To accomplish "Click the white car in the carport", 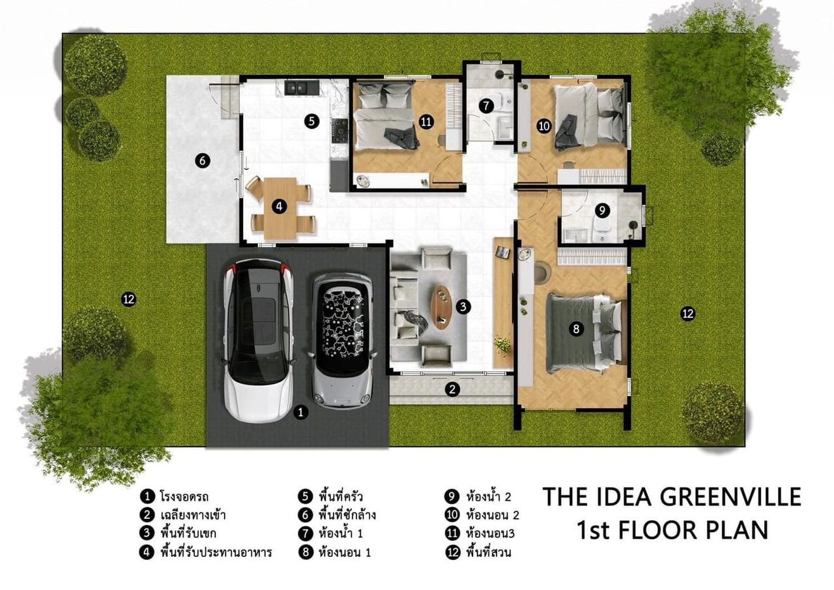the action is tap(259, 341).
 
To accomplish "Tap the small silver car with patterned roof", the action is tap(343, 341).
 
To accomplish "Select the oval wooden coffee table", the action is tap(441, 307).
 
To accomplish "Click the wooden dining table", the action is tap(280, 208).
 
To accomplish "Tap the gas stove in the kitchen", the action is tap(340, 131).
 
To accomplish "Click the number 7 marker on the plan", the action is tap(486, 106).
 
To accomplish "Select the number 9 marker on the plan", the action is tap(602, 211).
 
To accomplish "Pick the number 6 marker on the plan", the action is tap(203, 161).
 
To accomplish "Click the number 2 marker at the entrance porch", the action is tap(452, 390).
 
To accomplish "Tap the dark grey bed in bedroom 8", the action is tap(584, 333).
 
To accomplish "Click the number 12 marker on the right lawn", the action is tap(687, 314).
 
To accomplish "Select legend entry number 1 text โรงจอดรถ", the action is tap(184, 497).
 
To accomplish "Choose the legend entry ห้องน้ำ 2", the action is tap(489, 497).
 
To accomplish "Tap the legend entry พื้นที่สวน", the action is tap(489, 552).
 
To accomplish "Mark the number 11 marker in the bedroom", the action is tap(426, 122).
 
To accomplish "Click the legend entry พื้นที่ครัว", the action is tap(340, 497).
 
